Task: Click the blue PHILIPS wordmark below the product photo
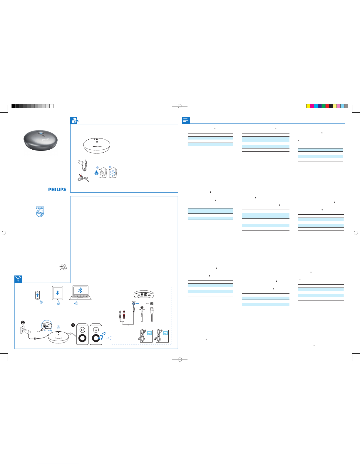point(57,189)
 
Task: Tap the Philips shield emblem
point(40,212)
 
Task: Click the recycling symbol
point(63,267)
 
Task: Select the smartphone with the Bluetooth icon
point(37,295)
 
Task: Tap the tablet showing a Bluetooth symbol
point(57,293)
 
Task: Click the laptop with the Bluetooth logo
point(80,293)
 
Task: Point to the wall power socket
point(22,330)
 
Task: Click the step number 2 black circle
point(23,323)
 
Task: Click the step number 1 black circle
point(73,325)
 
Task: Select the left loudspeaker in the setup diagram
point(82,334)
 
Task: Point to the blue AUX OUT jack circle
point(134,303)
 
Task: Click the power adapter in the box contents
point(83,165)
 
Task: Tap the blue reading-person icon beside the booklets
point(96,173)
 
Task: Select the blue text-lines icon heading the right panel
point(186,120)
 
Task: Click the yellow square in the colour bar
point(308,106)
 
